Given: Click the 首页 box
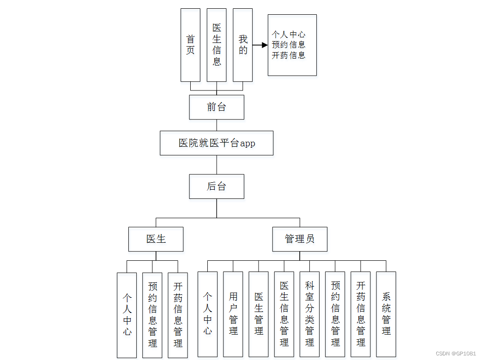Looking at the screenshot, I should (190, 45).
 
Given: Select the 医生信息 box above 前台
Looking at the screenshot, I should (217, 45).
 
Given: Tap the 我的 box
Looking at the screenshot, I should (243, 45).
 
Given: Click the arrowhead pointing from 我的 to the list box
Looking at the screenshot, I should (264, 45).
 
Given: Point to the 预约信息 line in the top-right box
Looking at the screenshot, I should (289, 45).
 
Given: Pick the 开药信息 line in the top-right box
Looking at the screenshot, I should (289, 55).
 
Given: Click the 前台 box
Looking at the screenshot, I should (217, 107).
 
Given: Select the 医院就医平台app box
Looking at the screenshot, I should (217, 143).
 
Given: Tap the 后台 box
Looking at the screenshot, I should (217, 186).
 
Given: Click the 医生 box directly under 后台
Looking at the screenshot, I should (156, 239).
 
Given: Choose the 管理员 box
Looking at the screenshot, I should (300, 239).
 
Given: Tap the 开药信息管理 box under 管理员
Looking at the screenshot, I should (361, 314).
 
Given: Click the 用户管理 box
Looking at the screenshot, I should (233, 314).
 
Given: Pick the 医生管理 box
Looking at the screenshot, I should (259, 314).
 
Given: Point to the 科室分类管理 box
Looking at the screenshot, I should (309, 314).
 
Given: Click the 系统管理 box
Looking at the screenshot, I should (386, 314).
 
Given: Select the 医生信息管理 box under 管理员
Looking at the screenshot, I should (284, 314).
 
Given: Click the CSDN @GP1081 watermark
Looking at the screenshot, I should (457, 354).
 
